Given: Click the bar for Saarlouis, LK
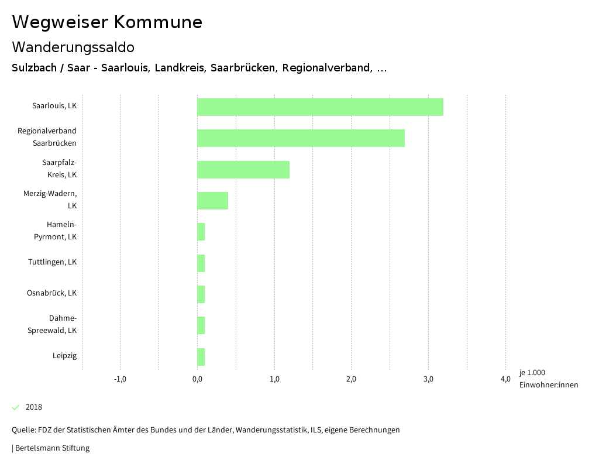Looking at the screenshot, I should tap(320, 107).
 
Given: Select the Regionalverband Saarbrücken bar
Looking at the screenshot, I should tap(301, 138).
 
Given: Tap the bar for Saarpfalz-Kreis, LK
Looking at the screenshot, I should tap(243, 170).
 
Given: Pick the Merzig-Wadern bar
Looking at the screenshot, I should tap(212, 201).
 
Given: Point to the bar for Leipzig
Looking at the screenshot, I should tap(201, 356).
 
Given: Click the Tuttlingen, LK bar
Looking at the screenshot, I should tap(201, 263).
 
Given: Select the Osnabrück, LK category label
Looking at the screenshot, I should tap(51, 293).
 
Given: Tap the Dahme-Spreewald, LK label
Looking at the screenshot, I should tap(52, 324).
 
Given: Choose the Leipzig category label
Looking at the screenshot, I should tap(64, 356).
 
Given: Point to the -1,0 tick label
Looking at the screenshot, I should tap(120, 379).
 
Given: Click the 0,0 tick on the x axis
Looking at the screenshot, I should tap(197, 379).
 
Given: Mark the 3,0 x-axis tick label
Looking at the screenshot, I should tap(428, 379).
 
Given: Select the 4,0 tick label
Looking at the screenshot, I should tap(505, 379).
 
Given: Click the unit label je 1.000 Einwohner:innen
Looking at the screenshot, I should tap(548, 379).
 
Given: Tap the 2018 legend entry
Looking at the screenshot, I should tap(33, 407).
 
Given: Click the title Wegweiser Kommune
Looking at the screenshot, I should tap(107, 22).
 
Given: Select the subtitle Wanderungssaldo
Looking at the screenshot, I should tap(73, 47).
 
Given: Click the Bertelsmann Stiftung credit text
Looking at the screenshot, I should tap(51, 448).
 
